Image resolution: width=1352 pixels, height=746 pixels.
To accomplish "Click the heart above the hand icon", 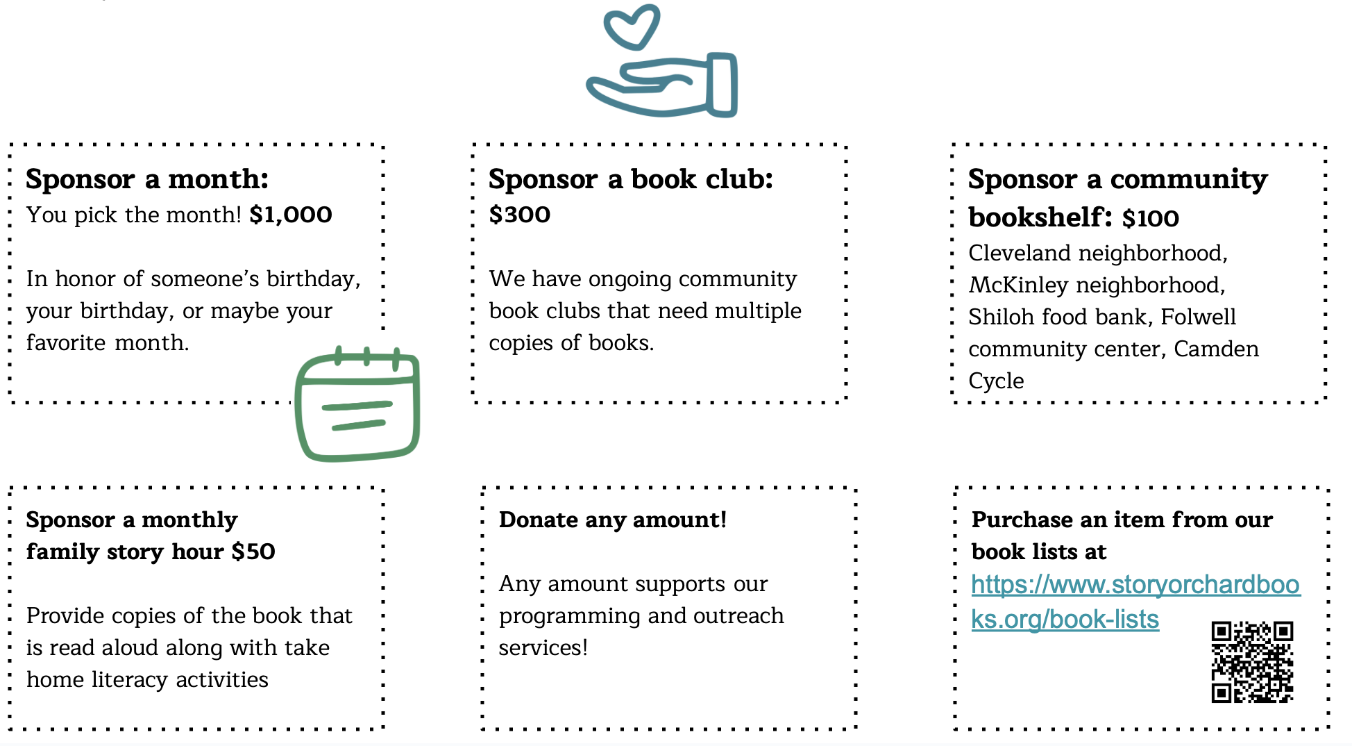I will pyautogui.click(x=632, y=26).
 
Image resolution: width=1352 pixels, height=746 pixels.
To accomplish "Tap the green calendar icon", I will pyautogui.click(x=357, y=405).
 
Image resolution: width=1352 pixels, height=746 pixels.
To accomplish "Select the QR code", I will pyautogui.click(x=1252, y=661).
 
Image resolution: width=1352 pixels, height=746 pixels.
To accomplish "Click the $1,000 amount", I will pyautogui.click(x=291, y=215).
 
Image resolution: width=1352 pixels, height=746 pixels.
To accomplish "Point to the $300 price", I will pyautogui.click(x=519, y=215).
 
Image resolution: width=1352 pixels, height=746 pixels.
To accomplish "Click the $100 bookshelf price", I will pyautogui.click(x=1151, y=218).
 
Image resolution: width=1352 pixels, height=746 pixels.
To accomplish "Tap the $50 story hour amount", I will pyautogui.click(x=253, y=552).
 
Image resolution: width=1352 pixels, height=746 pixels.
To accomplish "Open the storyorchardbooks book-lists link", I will pyautogui.click(x=1135, y=585).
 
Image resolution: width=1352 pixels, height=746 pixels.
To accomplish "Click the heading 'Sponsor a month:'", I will pyautogui.click(x=147, y=179).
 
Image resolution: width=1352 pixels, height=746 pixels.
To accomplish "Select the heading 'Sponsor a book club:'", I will pyautogui.click(x=630, y=179).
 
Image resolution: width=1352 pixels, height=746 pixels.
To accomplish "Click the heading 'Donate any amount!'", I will pyautogui.click(x=612, y=520).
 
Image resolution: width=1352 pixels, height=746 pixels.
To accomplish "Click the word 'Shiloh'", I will pyautogui.click(x=1002, y=317).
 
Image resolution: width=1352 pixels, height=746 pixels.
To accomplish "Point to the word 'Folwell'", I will pyautogui.click(x=1198, y=317).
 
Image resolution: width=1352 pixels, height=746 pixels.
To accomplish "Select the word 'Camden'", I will pyautogui.click(x=1216, y=349).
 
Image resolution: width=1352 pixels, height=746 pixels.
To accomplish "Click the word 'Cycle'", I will pyautogui.click(x=996, y=381).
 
